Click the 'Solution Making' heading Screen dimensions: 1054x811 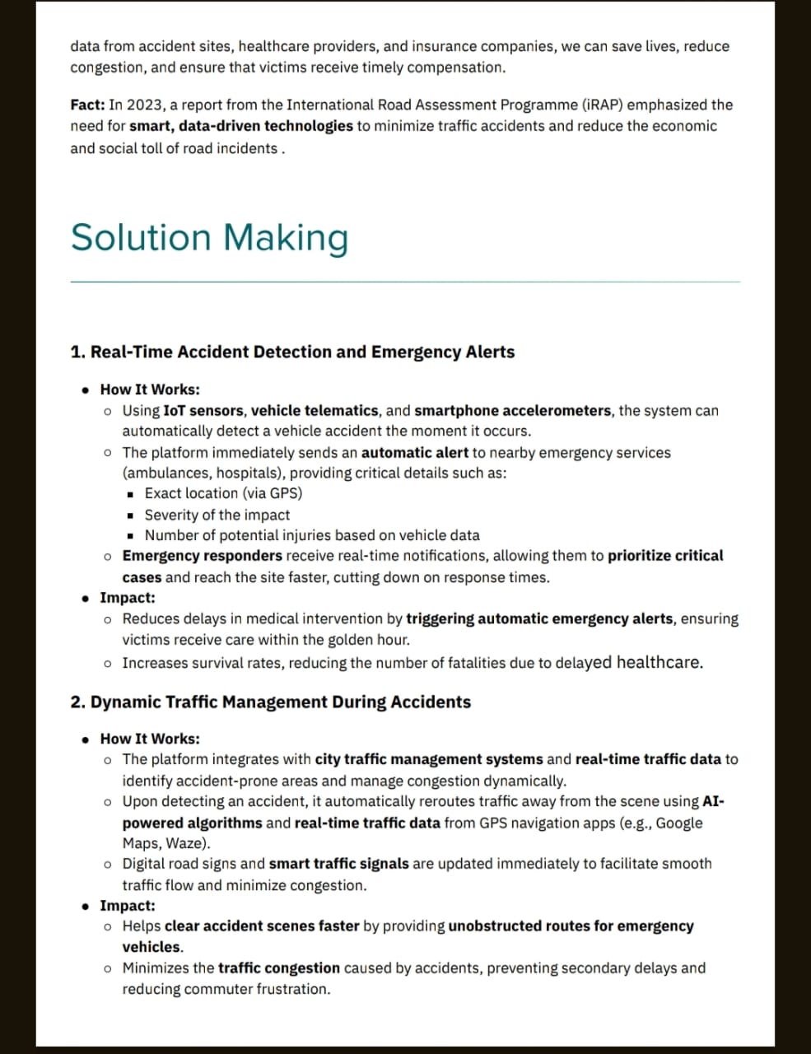(209, 237)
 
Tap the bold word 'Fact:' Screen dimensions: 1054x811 (87, 105)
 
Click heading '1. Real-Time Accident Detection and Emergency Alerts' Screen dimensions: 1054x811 (292, 352)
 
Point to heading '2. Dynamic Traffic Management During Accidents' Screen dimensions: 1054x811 (271, 702)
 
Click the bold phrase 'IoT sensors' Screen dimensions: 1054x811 (203, 411)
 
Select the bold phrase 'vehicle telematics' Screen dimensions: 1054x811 (315, 411)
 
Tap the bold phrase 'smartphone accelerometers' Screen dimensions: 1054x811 (513, 411)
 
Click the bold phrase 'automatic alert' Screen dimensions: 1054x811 (415, 453)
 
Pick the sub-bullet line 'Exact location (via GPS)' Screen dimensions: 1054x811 (223, 494)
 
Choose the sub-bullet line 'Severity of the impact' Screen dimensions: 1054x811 (217, 515)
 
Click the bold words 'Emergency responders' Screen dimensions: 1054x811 (202, 557)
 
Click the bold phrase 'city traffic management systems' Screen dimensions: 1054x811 (429, 760)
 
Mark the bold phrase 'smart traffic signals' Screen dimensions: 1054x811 (339, 865)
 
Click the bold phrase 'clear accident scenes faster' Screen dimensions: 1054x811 (262, 926)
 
